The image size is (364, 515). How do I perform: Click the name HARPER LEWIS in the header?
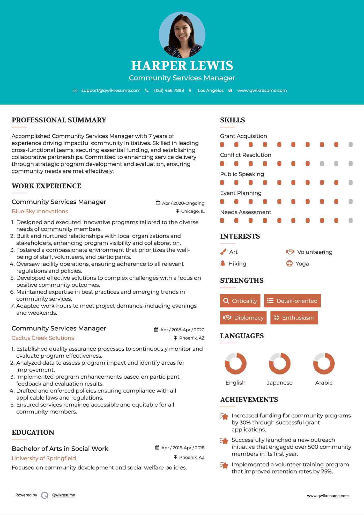[x=182, y=65]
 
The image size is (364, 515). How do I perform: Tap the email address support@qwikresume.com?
[x=111, y=90]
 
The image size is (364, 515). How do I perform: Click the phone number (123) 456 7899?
[x=169, y=90]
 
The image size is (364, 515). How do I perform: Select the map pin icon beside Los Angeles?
[x=190, y=90]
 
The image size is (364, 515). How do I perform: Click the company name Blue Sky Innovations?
[x=40, y=211]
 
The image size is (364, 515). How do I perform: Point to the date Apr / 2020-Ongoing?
[x=183, y=203]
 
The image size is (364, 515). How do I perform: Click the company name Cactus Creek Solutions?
[x=43, y=338]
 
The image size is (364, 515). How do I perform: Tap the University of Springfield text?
[x=44, y=458]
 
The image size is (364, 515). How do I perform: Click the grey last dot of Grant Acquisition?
[x=351, y=144]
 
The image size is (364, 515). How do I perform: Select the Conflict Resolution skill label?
[x=246, y=155]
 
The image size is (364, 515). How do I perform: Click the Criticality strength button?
[x=240, y=301]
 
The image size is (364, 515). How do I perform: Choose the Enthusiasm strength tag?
[x=294, y=318]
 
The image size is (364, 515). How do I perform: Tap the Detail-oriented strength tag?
[x=292, y=301]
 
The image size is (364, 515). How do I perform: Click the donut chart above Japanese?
[x=279, y=363]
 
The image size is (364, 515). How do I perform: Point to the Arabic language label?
[x=324, y=383]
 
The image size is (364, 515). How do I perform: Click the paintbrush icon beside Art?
[x=223, y=252]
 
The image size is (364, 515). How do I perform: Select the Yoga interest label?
[x=302, y=264]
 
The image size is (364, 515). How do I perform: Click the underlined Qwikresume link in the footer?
[x=64, y=495]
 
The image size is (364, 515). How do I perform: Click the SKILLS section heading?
[x=232, y=120]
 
